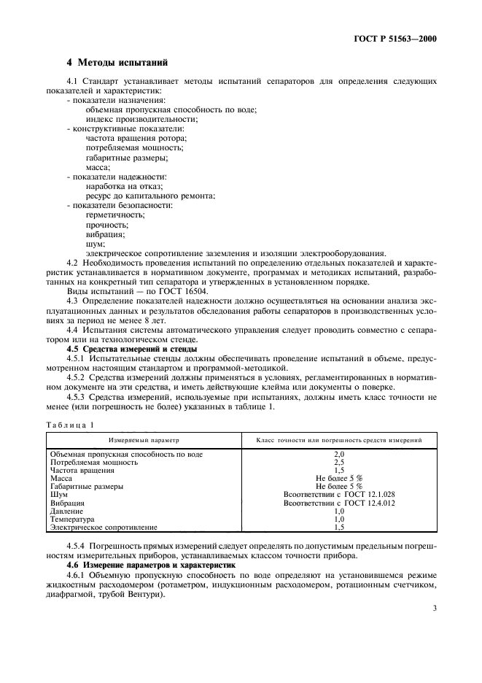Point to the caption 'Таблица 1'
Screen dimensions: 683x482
(x=71, y=424)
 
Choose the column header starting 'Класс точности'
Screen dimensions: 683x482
(x=339, y=441)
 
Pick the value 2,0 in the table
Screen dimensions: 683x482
(x=338, y=454)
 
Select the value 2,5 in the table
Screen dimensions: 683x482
(x=338, y=463)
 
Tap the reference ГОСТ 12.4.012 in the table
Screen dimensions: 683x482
(x=366, y=503)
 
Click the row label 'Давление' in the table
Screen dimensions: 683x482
(x=67, y=512)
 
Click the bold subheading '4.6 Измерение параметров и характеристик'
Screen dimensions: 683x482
(x=152, y=566)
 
